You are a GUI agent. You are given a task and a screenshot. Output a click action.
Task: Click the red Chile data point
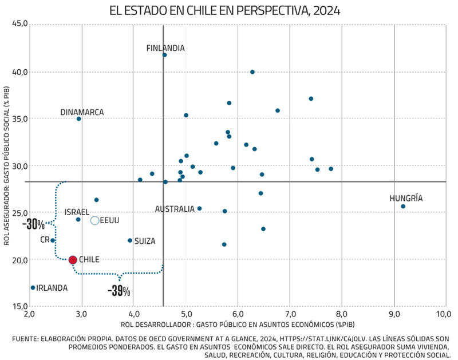73,260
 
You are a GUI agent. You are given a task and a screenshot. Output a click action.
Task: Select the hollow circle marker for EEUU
95,220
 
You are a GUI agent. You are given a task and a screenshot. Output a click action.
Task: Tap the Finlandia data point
164,55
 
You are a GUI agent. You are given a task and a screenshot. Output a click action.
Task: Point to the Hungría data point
403,206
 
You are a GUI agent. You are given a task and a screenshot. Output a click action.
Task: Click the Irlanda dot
33,287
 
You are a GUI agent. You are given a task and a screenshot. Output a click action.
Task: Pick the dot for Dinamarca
79,118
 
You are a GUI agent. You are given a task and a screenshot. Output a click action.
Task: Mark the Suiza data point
130,240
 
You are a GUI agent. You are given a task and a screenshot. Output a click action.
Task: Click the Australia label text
175,209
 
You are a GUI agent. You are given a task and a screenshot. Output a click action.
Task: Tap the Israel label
77,212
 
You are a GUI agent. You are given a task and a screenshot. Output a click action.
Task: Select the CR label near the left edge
45,240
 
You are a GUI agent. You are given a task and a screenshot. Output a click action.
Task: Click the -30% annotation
34,224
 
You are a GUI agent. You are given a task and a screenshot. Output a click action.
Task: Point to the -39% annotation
119,291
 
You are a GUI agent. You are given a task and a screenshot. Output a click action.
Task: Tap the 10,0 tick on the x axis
444,314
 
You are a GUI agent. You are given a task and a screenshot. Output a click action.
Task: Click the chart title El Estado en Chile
228,10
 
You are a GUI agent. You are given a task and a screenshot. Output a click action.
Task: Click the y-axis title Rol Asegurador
7,166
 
